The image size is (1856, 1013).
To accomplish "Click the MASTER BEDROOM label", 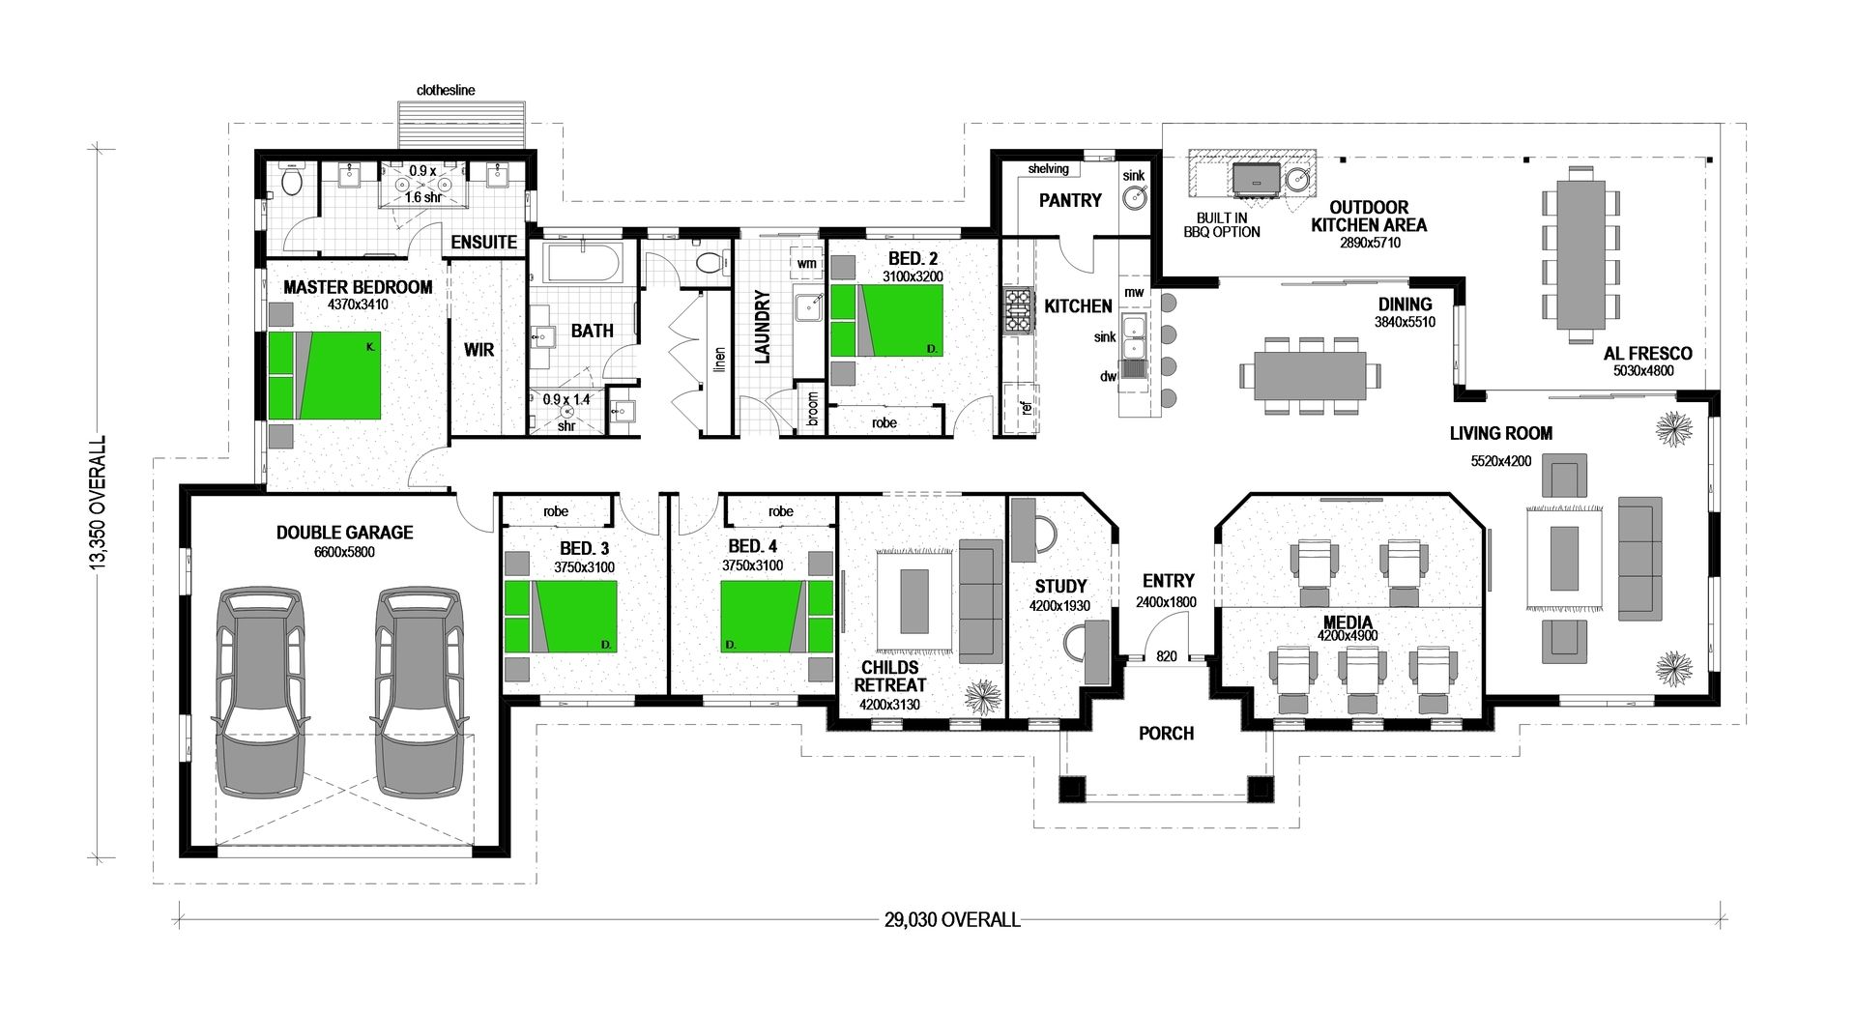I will coord(358,287).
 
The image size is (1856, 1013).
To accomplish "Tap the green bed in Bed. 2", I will coord(886,321).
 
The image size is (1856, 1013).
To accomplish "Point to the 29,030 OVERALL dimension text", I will coord(952,919).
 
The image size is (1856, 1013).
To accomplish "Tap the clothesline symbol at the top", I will coord(462,127).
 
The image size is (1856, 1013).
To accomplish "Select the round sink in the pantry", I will coord(1134,199).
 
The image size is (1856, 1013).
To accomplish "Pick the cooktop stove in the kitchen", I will coord(1018,311).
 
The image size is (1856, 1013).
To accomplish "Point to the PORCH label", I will coord(1166,734).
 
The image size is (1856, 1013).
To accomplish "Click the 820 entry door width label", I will coord(1167,656).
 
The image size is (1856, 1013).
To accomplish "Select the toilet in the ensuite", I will coord(290,180).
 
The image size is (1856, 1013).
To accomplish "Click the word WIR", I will coord(478,350).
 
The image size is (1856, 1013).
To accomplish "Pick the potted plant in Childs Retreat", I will coord(984,697).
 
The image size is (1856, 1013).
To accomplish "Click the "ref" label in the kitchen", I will coord(1026,407).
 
